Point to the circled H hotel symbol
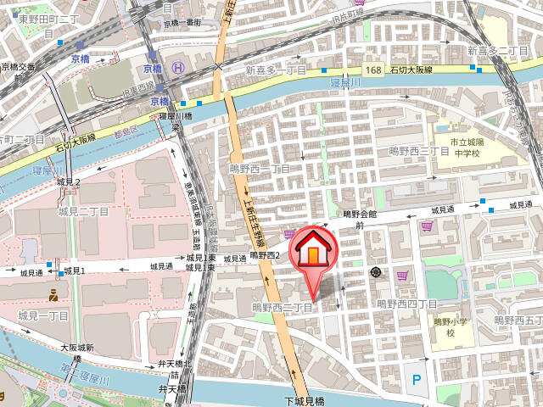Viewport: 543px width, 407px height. coord(177,68)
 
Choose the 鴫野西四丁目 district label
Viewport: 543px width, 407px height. coord(407,304)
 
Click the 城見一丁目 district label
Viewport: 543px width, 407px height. coord(43,315)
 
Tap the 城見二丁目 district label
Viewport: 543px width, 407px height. coord(83,211)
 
